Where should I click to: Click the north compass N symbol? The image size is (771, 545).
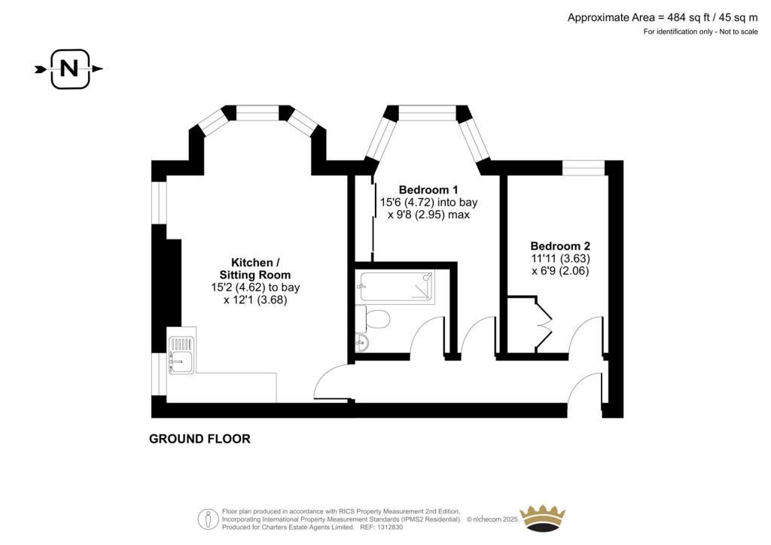point(69,69)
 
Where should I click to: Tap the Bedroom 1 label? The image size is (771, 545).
point(428,190)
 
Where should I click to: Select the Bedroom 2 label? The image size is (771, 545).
point(560,245)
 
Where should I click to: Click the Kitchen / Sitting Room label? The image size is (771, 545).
point(255,268)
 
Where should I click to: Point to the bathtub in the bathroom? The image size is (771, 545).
point(396,286)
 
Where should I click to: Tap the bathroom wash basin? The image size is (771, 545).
point(362,342)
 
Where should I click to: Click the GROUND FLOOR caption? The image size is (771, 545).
point(200,438)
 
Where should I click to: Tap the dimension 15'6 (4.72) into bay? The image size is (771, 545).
point(428,202)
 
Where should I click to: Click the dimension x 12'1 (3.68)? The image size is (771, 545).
point(255,300)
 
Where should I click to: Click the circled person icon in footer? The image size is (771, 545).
point(208,519)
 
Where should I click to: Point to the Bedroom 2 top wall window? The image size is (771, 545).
point(584,168)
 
